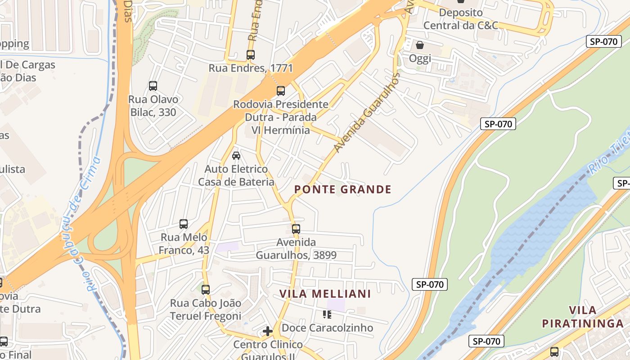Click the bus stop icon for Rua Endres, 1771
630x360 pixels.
point(251,55)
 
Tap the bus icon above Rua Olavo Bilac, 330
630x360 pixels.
point(153,86)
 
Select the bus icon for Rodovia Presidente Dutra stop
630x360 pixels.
point(281,91)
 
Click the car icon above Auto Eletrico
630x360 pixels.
point(236,156)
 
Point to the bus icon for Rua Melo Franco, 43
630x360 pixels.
point(184,224)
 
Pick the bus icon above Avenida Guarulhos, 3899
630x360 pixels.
point(296,229)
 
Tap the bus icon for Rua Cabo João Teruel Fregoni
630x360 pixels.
point(206,290)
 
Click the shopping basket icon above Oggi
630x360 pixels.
point(420,45)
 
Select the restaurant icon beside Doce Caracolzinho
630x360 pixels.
point(327,315)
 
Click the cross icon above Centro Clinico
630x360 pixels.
point(268,332)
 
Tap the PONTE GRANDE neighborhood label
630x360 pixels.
point(343,189)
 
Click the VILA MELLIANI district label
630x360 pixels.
point(325,294)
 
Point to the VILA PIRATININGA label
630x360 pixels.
point(583,317)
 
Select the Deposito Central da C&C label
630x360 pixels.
point(461,19)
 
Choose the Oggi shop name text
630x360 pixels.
point(420,58)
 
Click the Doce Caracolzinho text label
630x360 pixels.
point(328,328)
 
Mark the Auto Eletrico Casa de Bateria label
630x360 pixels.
point(236,175)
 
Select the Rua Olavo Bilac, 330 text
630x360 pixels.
point(153,106)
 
